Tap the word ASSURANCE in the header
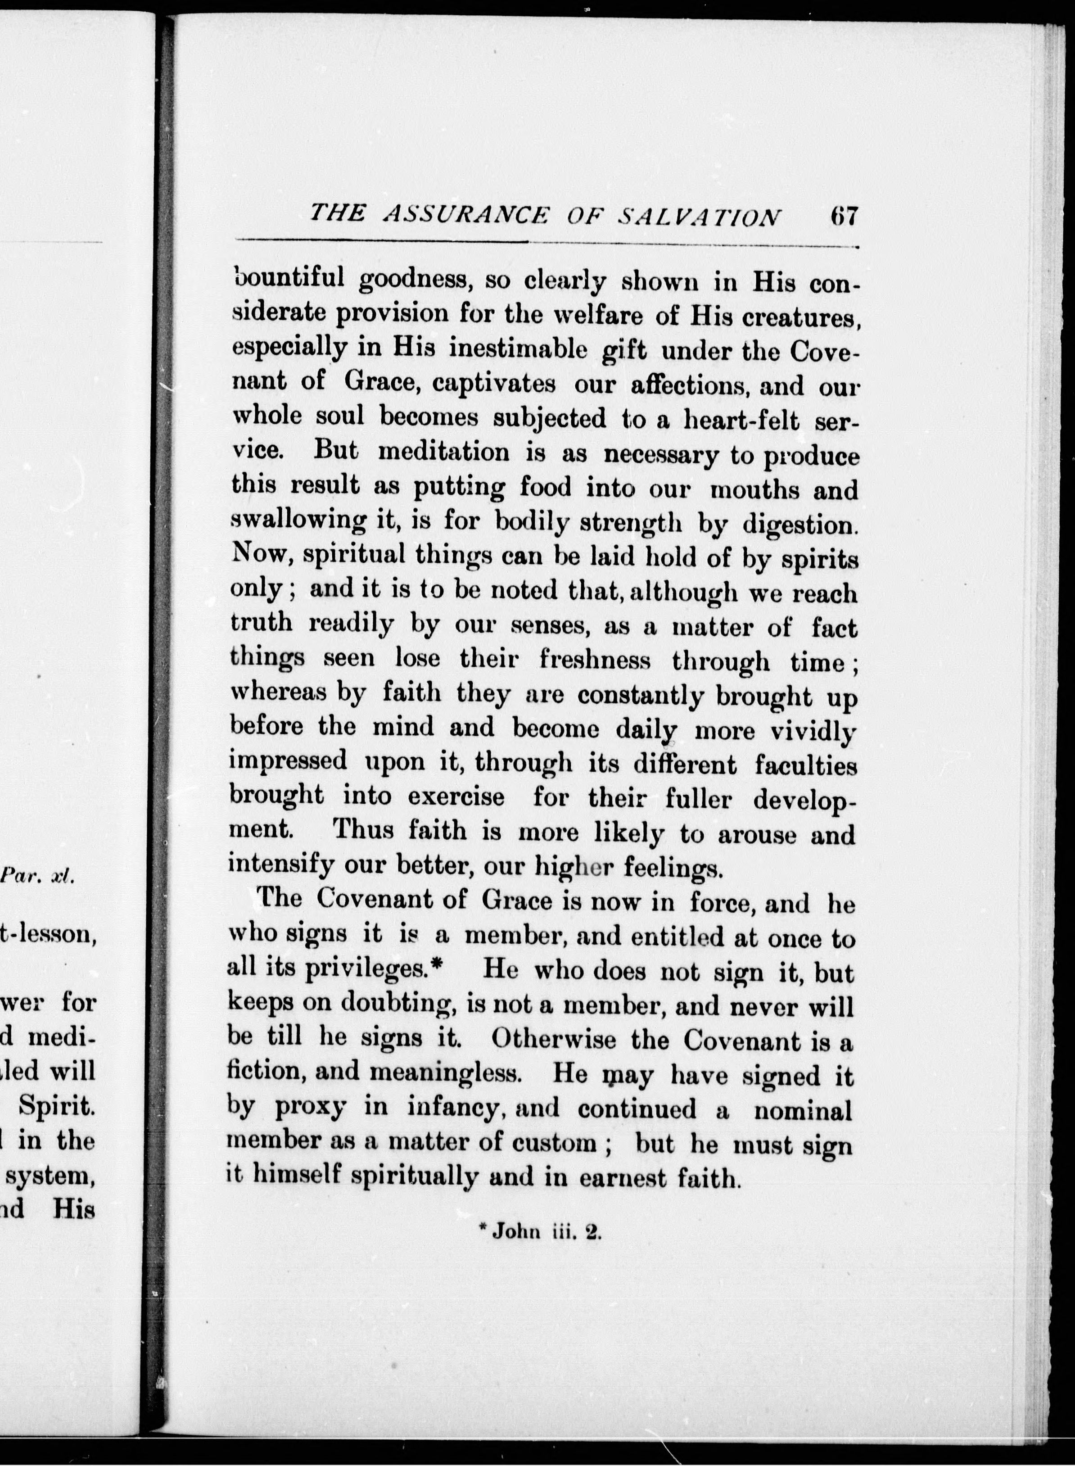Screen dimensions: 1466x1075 (x=466, y=215)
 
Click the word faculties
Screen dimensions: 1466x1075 (x=806, y=766)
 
